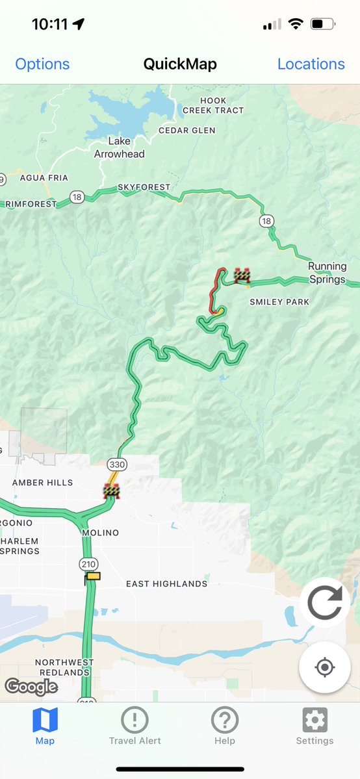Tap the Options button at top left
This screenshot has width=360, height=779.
click(42, 64)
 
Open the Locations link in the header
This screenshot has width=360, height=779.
click(311, 64)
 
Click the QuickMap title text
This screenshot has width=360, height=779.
click(180, 64)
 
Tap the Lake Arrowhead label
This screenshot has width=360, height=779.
click(119, 147)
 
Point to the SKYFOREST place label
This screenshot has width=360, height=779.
click(144, 187)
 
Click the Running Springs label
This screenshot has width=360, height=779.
click(327, 273)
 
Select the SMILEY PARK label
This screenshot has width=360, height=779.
click(279, 302)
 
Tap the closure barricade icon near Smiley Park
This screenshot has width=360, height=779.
click(242, 275)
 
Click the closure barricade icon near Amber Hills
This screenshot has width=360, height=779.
click(112, 491)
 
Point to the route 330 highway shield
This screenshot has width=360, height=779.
click(117, 465)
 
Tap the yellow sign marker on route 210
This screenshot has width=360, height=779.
click(93, 576)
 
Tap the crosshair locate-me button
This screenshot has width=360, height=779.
click(325, 667)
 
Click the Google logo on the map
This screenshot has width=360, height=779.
click(31, 686)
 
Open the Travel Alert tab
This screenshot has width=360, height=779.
click(135, 726)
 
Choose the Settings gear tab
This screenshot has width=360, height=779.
click(315, 726)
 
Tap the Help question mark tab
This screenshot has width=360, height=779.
click(225, 726)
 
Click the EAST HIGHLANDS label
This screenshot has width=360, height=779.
click(166, 584)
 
